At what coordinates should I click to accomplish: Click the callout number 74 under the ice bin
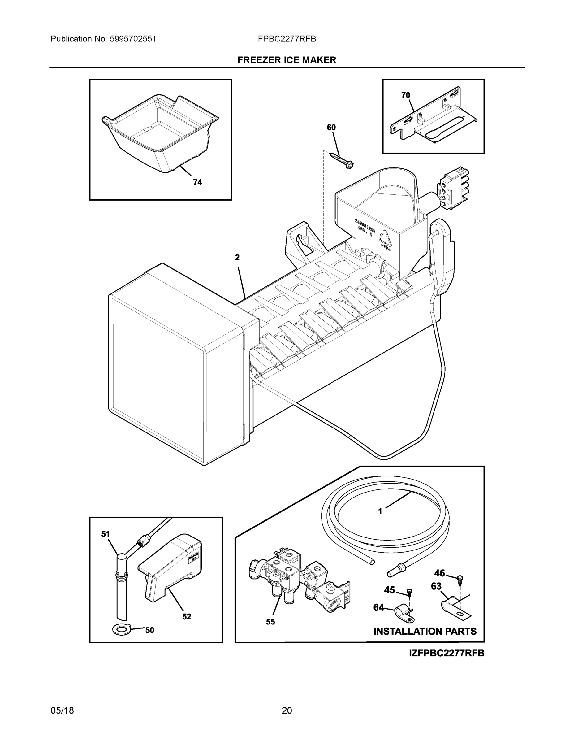[x=197, y=182]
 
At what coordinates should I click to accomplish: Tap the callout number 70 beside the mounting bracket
[x=405, y=96]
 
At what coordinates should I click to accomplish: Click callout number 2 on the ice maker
[x=237, y=258]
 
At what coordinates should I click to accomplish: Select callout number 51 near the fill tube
[x=106, y=534]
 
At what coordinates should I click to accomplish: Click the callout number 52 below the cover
[x=186, y=617]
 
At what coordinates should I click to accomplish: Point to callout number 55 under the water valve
[x=270, y=622]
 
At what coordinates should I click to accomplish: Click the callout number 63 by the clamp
[x=436, y=586]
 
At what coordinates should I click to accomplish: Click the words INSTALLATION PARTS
[x=425, y=632]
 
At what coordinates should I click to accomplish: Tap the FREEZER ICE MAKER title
[x=287, y=60]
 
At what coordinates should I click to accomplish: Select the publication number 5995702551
[x=133, y=39]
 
